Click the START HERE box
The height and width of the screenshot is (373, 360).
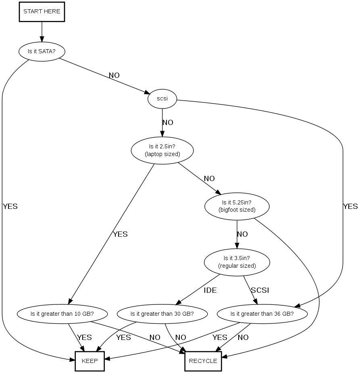coord(42,12)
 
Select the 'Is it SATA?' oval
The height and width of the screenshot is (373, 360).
coord(42,51)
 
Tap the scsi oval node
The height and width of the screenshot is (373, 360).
coord(162,98)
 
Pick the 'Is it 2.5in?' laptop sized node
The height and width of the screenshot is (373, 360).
coord(162,150)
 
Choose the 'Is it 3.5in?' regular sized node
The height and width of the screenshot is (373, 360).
coord(237,263)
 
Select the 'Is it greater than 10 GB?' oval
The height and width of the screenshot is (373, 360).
coord(62,313)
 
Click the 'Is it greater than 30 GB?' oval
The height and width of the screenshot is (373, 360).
coord(162,313)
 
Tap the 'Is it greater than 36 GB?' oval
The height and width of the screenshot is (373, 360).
coord(262,313)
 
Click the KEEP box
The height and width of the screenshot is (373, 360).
coord(89,361)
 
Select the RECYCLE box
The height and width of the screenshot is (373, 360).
coord(203,361)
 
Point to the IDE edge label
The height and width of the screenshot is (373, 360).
coord(210,290)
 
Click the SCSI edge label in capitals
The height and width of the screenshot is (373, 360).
coord(260,290)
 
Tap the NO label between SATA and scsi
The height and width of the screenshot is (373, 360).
coord(114,75)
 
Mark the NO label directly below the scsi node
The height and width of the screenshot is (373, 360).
coord(168,122)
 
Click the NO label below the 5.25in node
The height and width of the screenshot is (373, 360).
coord(242,234)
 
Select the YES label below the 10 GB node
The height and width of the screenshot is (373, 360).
coord(84,338)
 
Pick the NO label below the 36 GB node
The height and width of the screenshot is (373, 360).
coord(243,338)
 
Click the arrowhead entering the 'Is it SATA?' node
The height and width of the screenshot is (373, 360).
coord(42,40)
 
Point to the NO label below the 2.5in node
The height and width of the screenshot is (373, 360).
coord(209,178)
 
